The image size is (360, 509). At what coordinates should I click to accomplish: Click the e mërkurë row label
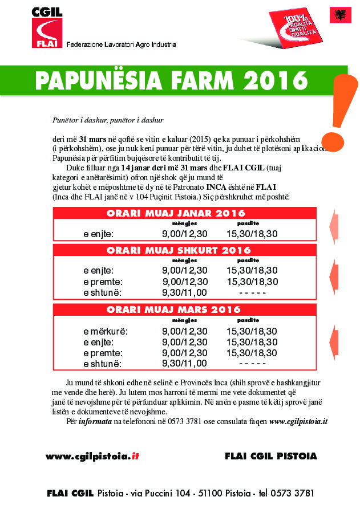tap(106, 331)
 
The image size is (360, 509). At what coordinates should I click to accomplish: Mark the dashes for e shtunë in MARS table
tap(252, 363)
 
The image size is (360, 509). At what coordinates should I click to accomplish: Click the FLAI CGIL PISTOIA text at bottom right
tap(271, 456)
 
